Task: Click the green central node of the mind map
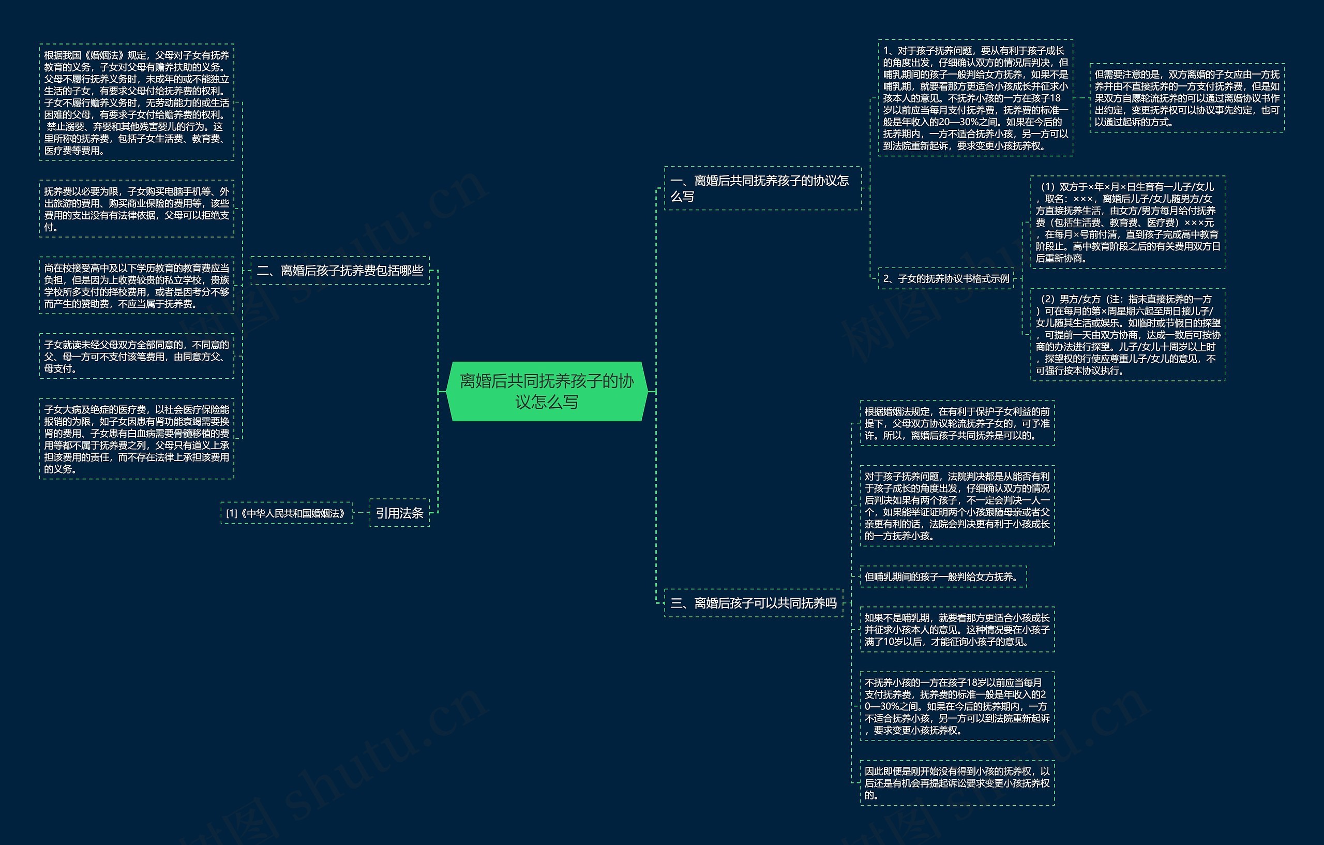click(x=547, y=391)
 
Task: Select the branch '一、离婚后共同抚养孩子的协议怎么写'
click(x=762, y=188)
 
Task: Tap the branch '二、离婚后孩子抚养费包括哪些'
click(x=340, y=271)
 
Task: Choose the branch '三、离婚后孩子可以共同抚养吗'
click(x=753, y=603)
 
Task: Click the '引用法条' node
click(x=399, y=513)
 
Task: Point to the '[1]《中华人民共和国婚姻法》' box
click(x=287, y=513)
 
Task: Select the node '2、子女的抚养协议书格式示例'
click(x=946, y=278)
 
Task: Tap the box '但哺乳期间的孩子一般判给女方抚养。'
click(x=942, y=576)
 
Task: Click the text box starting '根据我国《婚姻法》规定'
click(x=137, y=102)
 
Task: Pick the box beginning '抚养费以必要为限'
click(x=137, y=209)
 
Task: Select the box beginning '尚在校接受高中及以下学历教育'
click(x=137, y=286)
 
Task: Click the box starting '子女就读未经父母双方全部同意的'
click(x=137, y=357)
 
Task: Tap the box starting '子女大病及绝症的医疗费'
click(x=137, y=438)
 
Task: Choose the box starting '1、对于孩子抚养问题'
click(x=975, y=98)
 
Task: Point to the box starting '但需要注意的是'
click(x=1186, y=98)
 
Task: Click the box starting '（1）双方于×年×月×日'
click(x=1127, y=223)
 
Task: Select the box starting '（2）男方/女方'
click(x=1127, y=334)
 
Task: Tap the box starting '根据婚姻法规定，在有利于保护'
click(x=957, y=423)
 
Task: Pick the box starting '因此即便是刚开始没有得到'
click(x=957, y=782)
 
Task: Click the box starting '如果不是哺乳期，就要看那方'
click(x=957, y=629)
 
